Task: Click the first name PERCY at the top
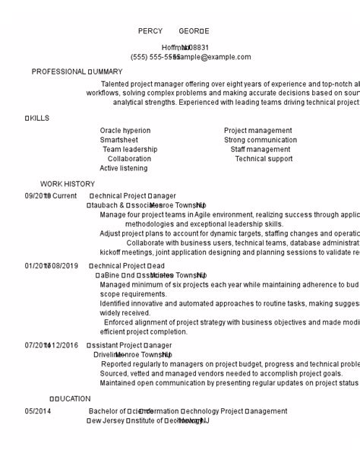[150, 31]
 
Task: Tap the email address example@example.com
[213, 57]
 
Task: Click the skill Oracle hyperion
[125, 131]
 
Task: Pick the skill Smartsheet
[119, 140]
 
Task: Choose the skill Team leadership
[130, 150]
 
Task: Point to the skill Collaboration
[129, 159]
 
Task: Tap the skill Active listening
[124, 168]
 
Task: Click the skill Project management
[257, 131]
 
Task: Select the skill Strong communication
[261, 140]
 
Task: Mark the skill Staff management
[261, 150]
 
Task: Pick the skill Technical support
[264, 159]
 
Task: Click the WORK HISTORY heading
[68, 184]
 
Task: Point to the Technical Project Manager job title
[132, 196]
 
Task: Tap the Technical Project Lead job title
[127, 266]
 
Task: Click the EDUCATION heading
[70, 398]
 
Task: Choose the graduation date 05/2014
[38, 411]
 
